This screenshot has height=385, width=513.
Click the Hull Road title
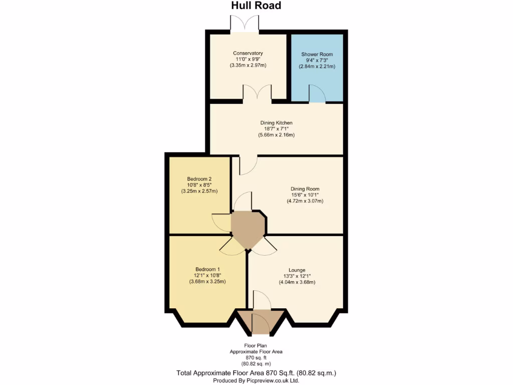tap(256, 6)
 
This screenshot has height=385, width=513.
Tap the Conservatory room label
tap(248, 53)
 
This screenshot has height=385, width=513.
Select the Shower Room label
tap(317, 54)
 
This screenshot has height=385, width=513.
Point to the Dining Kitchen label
tap(276, 123)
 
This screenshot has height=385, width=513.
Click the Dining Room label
tap(305, 189)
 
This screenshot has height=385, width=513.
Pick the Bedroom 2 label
tap(199, 179)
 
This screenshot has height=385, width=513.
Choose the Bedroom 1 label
tap(207, 269)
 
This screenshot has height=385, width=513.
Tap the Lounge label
tap(297, 270)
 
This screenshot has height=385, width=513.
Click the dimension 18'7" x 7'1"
tap(276, 129)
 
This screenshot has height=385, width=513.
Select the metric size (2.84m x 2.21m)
tap(317, 66)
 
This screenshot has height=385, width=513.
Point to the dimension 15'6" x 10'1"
tap(305, 195)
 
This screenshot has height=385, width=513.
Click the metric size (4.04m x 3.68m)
tap(297, 282)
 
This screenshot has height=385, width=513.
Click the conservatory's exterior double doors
tap(244, 24)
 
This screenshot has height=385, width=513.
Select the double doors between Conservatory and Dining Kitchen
tap(258, 93)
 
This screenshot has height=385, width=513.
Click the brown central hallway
tap(247, 228)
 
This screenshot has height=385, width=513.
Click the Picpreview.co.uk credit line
tap(256, 380)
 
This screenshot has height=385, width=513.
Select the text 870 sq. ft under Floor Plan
tap(256, 357)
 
